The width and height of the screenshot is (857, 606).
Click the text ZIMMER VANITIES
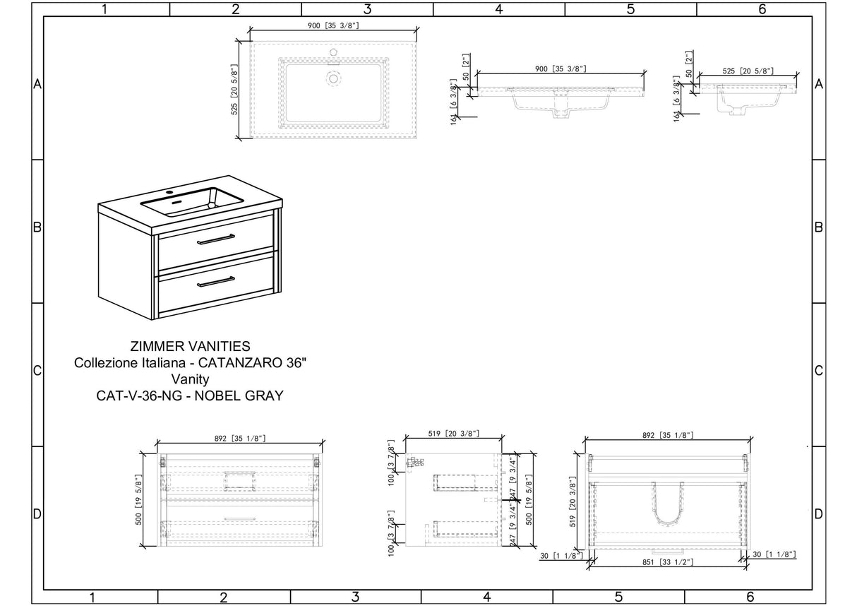point(190,346)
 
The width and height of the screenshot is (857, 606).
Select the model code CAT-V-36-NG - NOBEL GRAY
point(190,396)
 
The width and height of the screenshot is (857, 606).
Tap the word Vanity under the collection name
point(190,379)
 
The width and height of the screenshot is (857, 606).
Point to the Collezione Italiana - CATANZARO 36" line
point(190,363)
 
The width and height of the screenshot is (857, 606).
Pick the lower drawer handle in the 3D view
point(216,282)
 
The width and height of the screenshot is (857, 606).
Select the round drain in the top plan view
point(333,78)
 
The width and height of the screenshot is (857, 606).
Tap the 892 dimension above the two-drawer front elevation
point(239,438)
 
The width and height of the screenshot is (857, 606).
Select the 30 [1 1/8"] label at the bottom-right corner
point(774,556)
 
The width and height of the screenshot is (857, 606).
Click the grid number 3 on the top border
point(367,9)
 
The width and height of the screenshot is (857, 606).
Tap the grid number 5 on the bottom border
point(618,598)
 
